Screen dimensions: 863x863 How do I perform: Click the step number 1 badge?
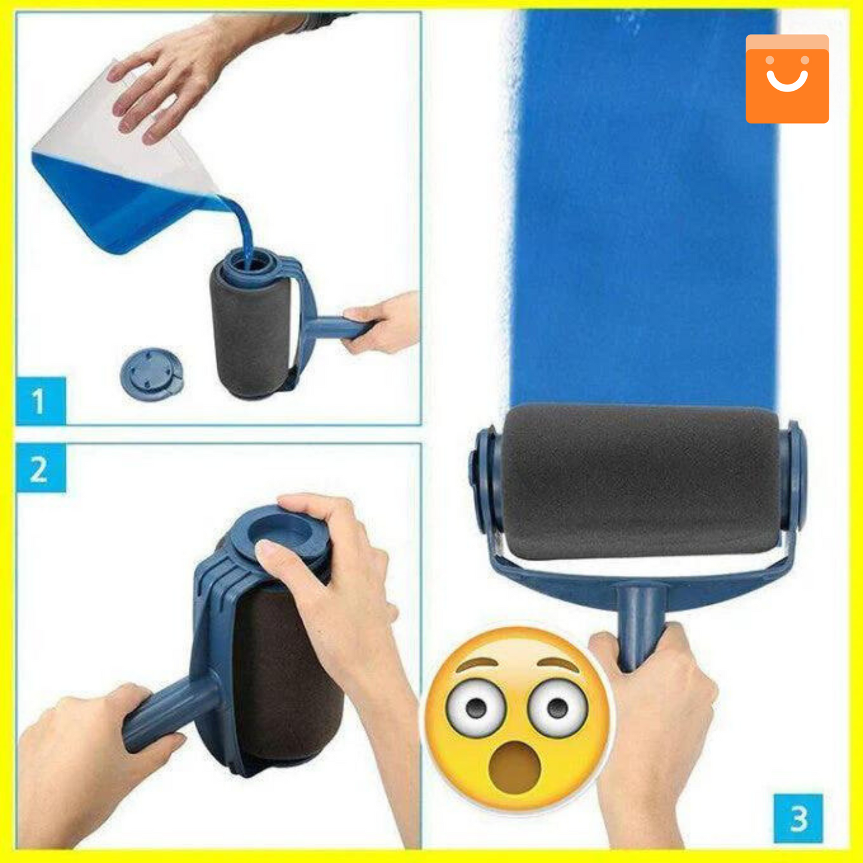(41, 401)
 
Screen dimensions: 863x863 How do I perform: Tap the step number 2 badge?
(41, 468)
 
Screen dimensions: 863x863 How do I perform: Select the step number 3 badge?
(798, 819)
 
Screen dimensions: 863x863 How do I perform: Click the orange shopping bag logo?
(787, 79)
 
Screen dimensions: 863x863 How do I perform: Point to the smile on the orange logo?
(787, 81)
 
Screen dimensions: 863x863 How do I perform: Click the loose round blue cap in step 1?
(152, 374)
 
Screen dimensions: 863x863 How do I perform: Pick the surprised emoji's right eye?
(558, 708)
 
